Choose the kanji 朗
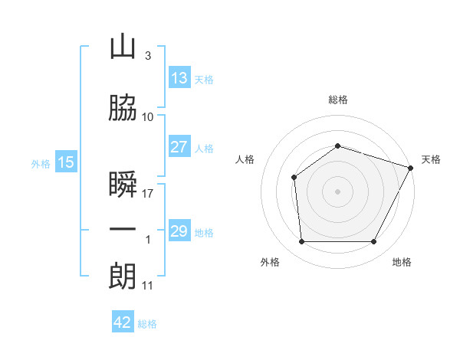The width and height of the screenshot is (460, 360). tap(123, 275)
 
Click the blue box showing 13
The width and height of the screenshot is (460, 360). tap(179, 79)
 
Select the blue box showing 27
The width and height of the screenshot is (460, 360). tap(179, 147)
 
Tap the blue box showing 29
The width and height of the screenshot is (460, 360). tap(179, 231)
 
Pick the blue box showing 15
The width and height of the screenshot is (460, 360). tap(66, 162)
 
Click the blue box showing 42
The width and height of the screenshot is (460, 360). tap(123, 322)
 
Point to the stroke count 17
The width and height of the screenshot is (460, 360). tap(148, 194)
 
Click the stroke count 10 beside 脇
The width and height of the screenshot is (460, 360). tap(148, 117)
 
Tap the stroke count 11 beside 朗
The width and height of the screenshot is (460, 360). tap(148, 286)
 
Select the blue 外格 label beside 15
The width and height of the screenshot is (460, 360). tap(41, 163)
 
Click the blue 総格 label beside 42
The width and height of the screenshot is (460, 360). tap(147, 324)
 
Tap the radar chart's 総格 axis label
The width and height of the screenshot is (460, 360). tap(338, 100)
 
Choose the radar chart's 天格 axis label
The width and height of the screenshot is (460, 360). tap(431, 159)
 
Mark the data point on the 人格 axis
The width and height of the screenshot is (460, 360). tap(294, 178)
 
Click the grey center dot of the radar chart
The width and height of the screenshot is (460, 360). tap(338, 191)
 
